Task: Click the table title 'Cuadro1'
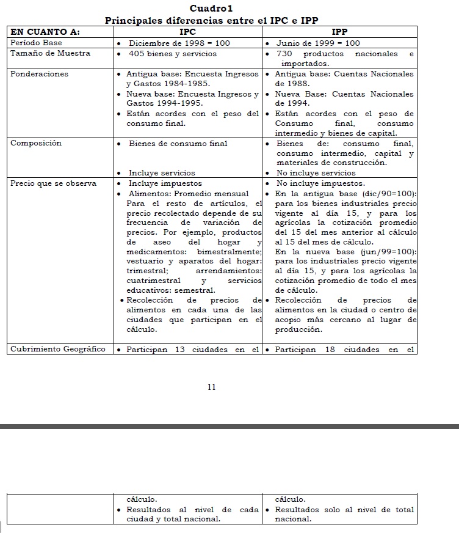211,9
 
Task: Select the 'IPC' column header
188,31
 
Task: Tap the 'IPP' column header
339,31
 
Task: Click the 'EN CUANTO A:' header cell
45,31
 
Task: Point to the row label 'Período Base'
36,43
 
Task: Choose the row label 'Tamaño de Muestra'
50,53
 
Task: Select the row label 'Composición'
36,143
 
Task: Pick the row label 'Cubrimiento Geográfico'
58,350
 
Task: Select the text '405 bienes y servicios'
173,54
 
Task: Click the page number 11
212,387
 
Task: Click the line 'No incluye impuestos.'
320,183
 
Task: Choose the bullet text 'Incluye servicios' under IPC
162,173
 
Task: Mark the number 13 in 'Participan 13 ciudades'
180,350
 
